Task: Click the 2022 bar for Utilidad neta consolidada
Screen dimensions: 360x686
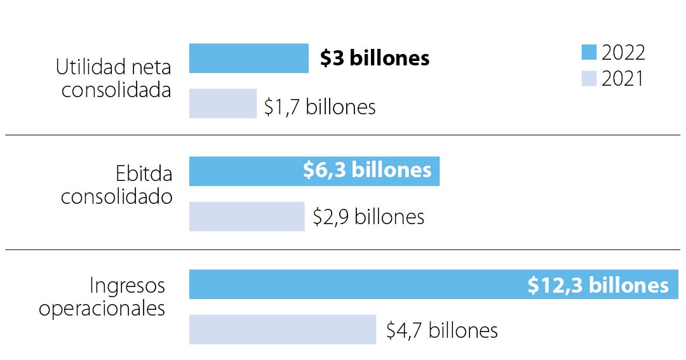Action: tap(248, 58)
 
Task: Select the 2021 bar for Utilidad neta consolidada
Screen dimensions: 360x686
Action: tap(222, 103)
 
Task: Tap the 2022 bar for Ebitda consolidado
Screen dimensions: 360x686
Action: tap(245, 171)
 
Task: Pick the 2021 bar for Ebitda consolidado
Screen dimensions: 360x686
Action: tap(246, 217)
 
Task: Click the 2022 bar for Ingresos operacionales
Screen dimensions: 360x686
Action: tap(356, 284)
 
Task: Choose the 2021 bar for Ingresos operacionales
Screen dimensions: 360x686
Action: tap(282, 330)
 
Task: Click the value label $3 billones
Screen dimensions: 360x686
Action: tap(375, 58)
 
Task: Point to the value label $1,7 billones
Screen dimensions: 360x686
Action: tap(319, 107)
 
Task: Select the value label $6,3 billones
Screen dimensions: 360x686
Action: tap(367, 170)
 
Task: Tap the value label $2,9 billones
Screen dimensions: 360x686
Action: tap(368, 217)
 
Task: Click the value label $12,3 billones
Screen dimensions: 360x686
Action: tap(598, 285)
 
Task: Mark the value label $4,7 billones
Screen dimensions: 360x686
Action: tap(442, 330)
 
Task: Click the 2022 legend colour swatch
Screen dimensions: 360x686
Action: tap(589, 52)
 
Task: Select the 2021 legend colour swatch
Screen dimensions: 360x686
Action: tap(589, 79)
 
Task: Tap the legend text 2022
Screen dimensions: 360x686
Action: tap(623, 52)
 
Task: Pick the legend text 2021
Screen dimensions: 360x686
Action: tap(622, 79)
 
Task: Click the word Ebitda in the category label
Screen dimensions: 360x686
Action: tap(144, 173)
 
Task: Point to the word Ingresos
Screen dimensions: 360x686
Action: tap(127, 286)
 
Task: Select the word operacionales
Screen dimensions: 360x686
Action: tap(102, 309)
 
